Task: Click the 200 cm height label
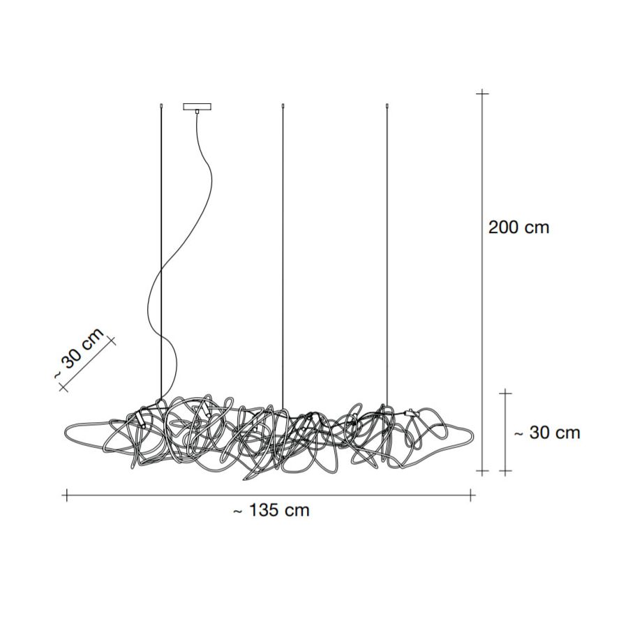[x=518, y=227]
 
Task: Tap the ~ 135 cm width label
[x=271, y=510]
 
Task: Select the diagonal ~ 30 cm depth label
[x=79, y=354]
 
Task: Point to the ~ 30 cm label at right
[x=546, y=433]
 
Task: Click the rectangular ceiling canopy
[x=197, y=107]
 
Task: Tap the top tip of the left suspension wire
[x=161, y=105]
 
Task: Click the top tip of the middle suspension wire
[x=283, y=105]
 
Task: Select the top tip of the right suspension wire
[x=387, y=105]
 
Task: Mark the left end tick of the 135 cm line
[x=67, y=495]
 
